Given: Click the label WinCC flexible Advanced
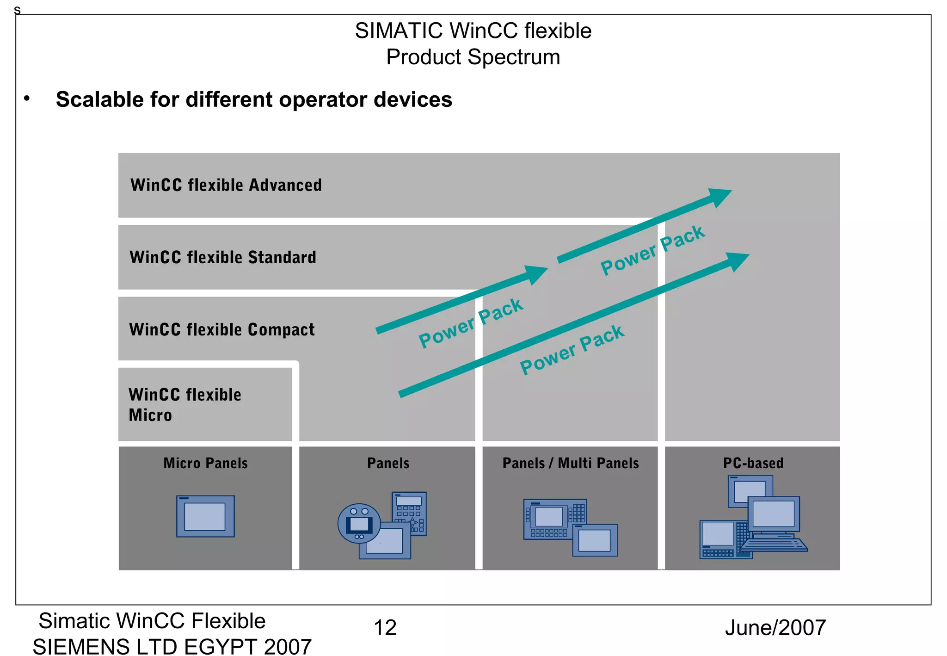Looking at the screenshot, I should point(226,185).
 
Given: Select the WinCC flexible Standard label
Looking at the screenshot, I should point(223,257).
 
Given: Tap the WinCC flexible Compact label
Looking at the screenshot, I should point(222,329).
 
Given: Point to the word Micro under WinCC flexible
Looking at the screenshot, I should point(150,415).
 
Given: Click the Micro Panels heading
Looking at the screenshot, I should point(205,463).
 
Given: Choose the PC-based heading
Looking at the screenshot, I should point(753,463).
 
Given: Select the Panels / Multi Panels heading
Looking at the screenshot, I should point(571,463).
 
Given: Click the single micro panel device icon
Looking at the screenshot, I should point(205,516).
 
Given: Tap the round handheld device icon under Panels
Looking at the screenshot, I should point(359,524).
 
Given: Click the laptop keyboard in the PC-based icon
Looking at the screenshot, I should point(775,544).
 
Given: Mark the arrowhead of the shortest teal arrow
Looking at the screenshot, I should point(536,274).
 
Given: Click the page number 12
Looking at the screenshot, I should point(385,628).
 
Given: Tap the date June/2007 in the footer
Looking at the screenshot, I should point(775,628).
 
